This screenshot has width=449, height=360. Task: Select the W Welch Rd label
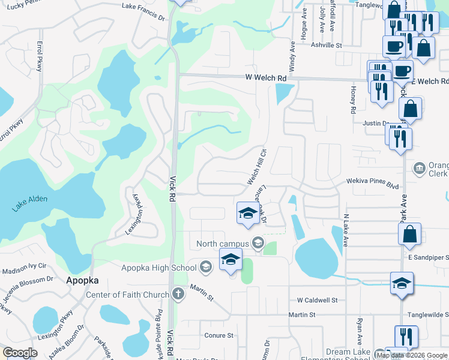tap(266, 78)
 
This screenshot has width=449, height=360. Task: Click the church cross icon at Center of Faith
tap(178, 294)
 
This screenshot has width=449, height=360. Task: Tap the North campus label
tap(222, 244)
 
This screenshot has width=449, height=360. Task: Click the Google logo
tap(20, 353)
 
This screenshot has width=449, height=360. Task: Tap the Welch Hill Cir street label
tap(256, 166)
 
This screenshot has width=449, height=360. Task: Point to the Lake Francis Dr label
tap(143, 10)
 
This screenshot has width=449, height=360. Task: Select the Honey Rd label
tap(353, 100)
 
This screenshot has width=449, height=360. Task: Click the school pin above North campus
tap(248, 214)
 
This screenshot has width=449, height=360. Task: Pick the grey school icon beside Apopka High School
tap(205, 267)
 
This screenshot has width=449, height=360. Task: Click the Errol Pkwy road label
tap(40, 57)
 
